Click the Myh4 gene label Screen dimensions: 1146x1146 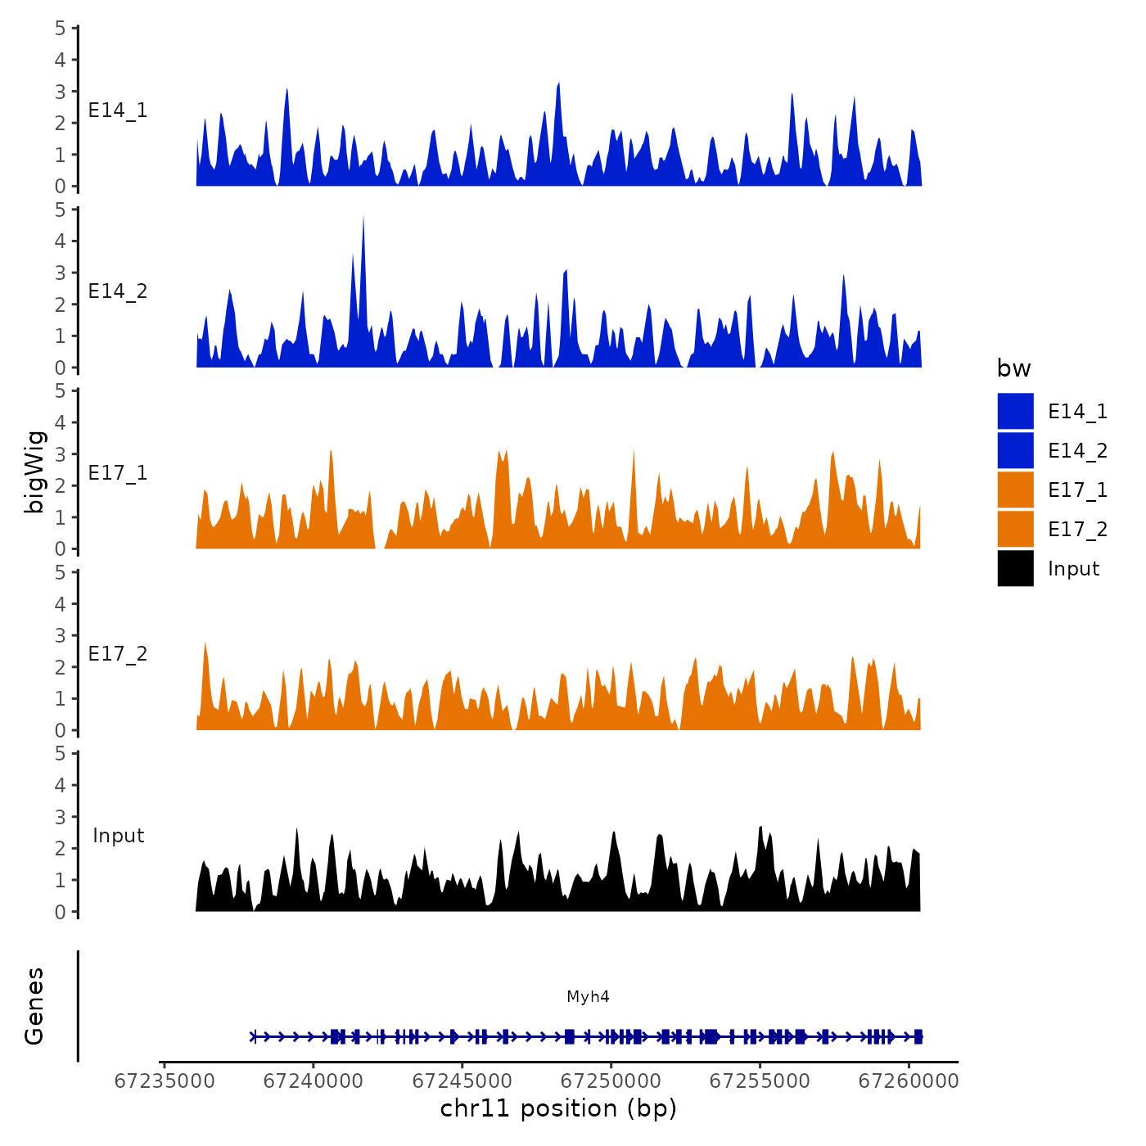tap(588, 996)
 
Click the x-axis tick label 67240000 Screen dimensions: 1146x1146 tap(313, 1081)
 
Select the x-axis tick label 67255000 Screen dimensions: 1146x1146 tap(760, 1081)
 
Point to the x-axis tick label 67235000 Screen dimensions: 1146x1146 tap(165, 1081)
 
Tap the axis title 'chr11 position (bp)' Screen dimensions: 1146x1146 tap(558, 1108)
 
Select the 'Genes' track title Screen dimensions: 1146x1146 tap(34, 1006)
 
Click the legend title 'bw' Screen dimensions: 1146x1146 tap(1013, 368)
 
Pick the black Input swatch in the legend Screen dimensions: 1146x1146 tap(1015, 568)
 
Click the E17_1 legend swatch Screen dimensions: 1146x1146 tap(1015, 490)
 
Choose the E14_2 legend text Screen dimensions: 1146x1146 tap(1077, 450)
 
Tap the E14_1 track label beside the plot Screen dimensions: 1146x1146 tap(118, 111)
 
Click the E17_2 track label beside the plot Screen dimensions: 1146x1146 tap(118, 654)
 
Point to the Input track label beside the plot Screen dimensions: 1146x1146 tap(118, 836)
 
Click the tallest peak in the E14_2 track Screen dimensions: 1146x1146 tap(363, 218)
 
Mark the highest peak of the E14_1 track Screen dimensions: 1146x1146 tap(558, 84)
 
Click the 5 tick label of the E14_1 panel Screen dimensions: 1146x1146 tap(61, 28)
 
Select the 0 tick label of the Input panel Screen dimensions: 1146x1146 tap(61, 912)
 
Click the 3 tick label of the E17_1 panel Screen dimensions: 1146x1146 tap(61, 454)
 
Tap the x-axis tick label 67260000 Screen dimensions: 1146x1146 tap(908, 1081)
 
